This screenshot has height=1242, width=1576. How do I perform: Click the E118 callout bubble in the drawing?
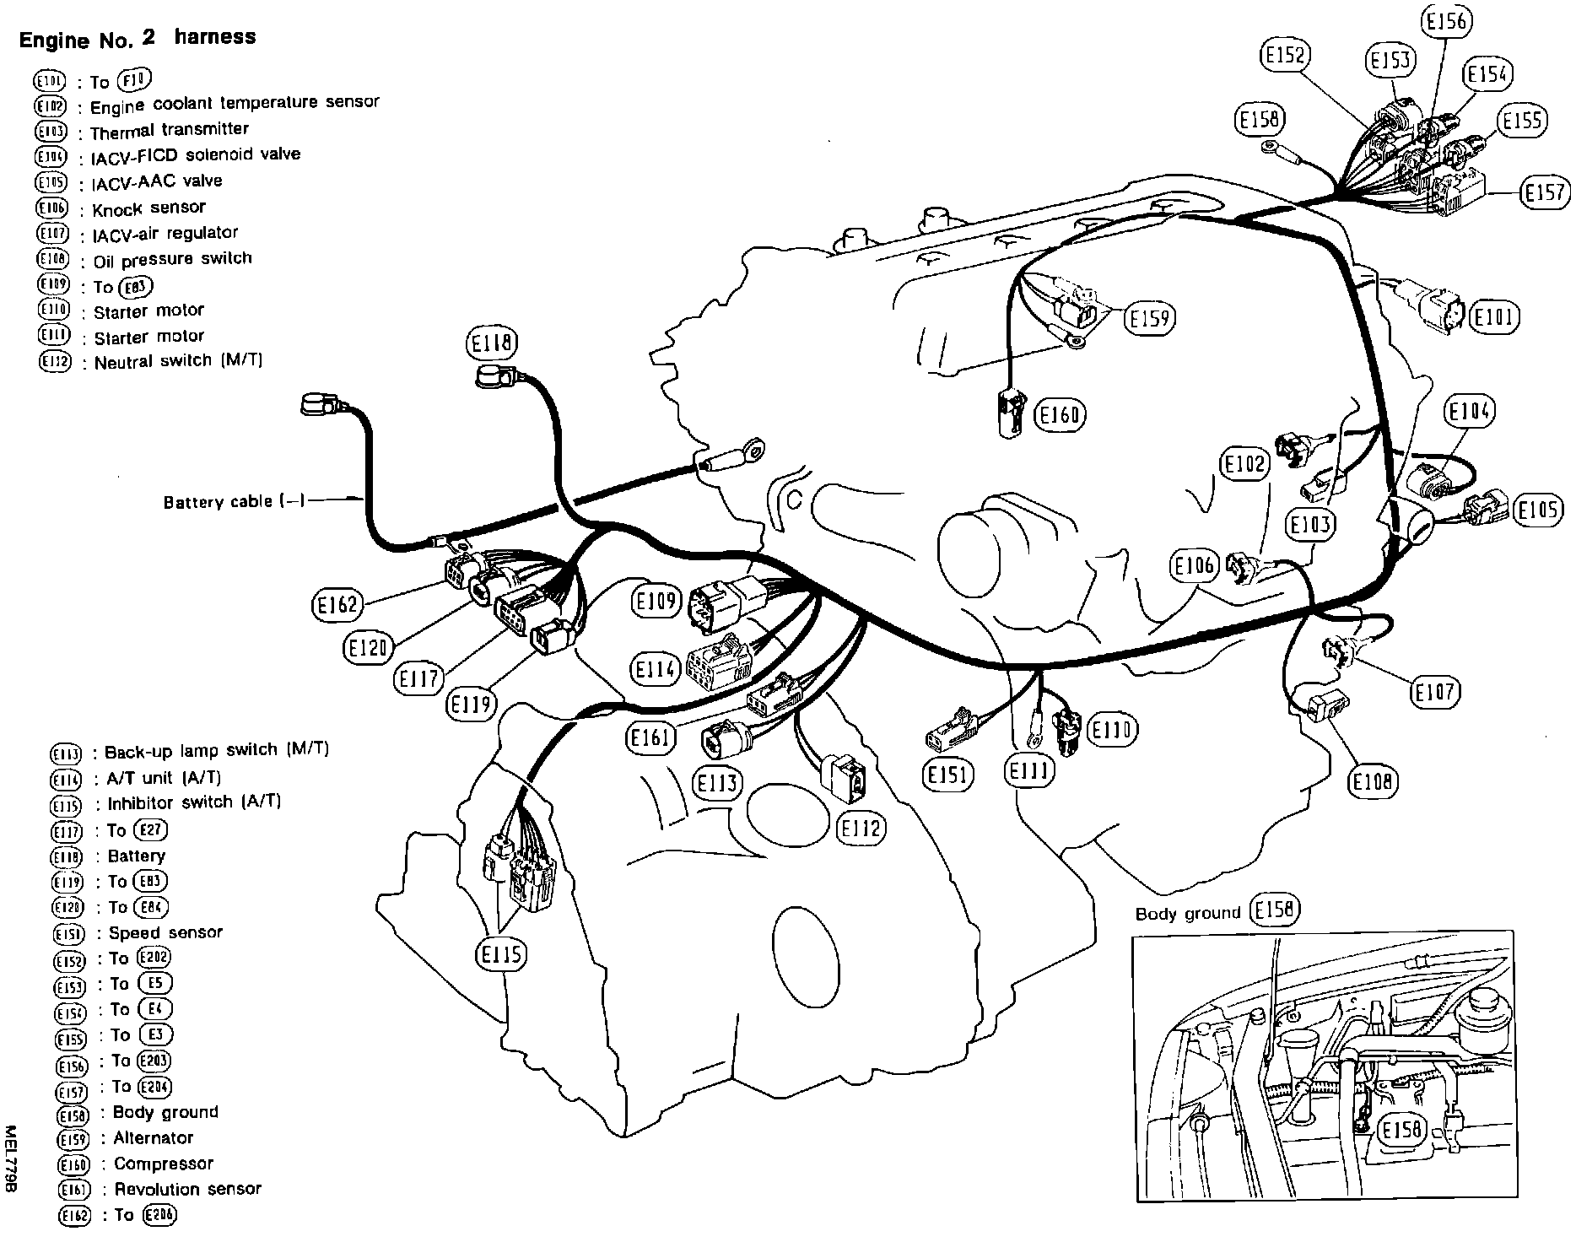[x=491, y=343]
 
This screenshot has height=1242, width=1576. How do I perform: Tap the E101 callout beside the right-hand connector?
[x=1494, y=318]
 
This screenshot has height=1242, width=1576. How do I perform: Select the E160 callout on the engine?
[x=1060, y=415]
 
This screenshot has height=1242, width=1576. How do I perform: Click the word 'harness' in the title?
[x=215, y=37]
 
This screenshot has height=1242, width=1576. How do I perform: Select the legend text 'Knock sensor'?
[x=148, y=208]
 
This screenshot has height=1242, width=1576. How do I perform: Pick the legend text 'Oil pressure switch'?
[x=172, y=259]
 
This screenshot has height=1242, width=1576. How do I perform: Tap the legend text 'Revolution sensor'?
[x=187, y=1189]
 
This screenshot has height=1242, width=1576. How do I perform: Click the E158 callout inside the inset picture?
[x=1401, y=1129]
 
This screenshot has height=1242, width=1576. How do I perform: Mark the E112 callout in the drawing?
[x=861, y=829]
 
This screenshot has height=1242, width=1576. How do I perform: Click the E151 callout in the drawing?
[x=948, y=775]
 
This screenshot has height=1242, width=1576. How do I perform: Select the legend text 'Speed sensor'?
[x=165, y=932]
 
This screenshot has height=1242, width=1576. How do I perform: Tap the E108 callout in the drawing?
[x=1373, y=781]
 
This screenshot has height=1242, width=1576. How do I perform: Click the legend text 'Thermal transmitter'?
[x=169, y=131]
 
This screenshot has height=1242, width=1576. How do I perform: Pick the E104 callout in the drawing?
[x=1469, y=411]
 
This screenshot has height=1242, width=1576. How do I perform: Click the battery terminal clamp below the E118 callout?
[x=489, y=375]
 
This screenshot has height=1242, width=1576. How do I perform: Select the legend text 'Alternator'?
[x=154, y=1137]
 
